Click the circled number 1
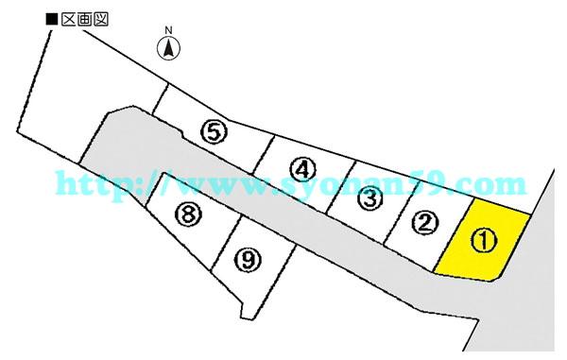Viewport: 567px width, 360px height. (483, 241)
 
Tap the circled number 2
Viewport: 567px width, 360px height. (425, 223)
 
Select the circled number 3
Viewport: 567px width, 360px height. (369, 198)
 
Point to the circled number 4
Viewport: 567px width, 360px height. (301, 170)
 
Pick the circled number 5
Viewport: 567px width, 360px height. (215, 131)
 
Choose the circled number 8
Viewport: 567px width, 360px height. (189, 214)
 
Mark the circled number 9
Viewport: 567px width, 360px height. (248, 258)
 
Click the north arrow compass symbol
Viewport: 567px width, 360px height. (169, 48)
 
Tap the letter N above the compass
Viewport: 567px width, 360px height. (169, 30)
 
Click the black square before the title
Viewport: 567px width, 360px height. (52, 17)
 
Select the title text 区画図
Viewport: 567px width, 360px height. (84, 17)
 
